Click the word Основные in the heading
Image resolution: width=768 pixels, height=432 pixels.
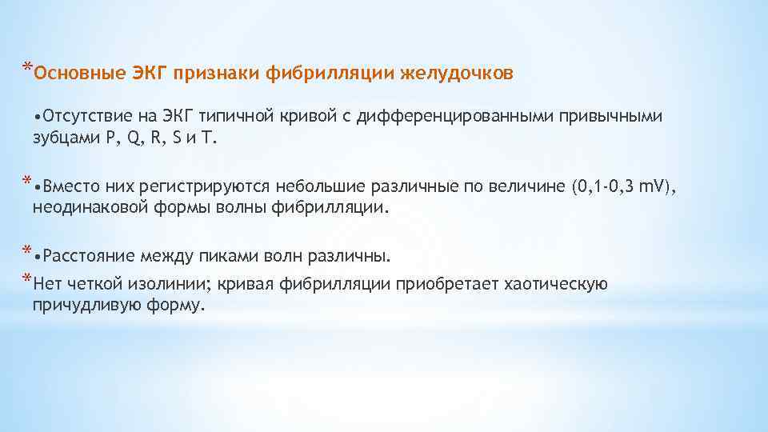tap(70, 74)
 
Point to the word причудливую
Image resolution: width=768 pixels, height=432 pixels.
tap(77, 305)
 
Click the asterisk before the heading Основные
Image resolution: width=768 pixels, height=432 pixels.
tap(27, 66)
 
